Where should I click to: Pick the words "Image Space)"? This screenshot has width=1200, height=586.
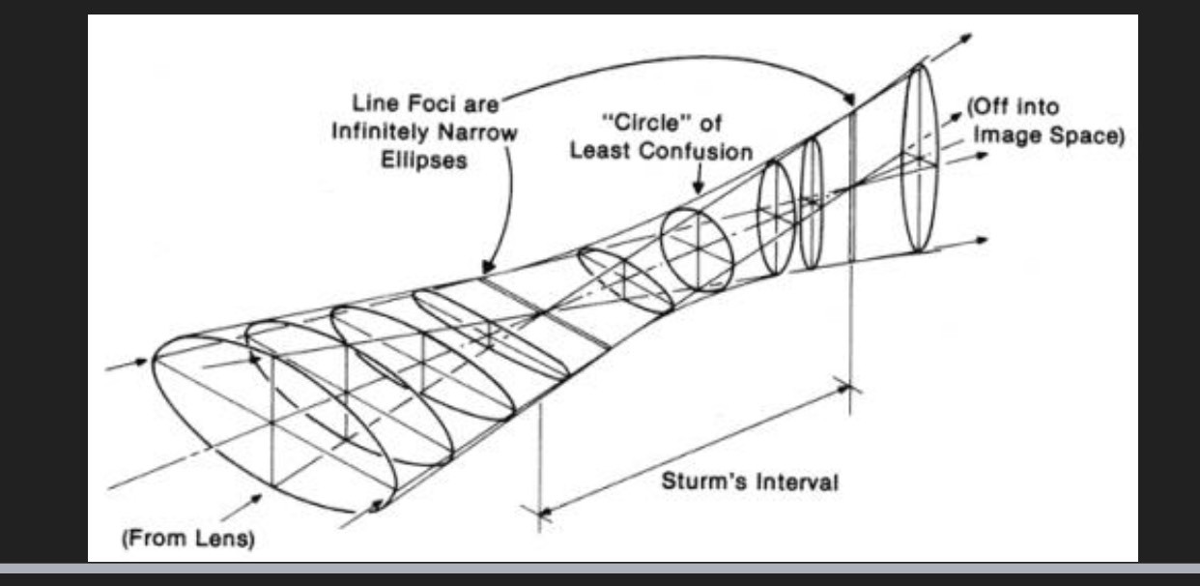(1047, 135)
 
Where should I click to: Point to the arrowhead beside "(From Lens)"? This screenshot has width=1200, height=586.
(259, 498)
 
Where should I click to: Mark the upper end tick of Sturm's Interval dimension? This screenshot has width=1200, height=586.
(850, 389)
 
